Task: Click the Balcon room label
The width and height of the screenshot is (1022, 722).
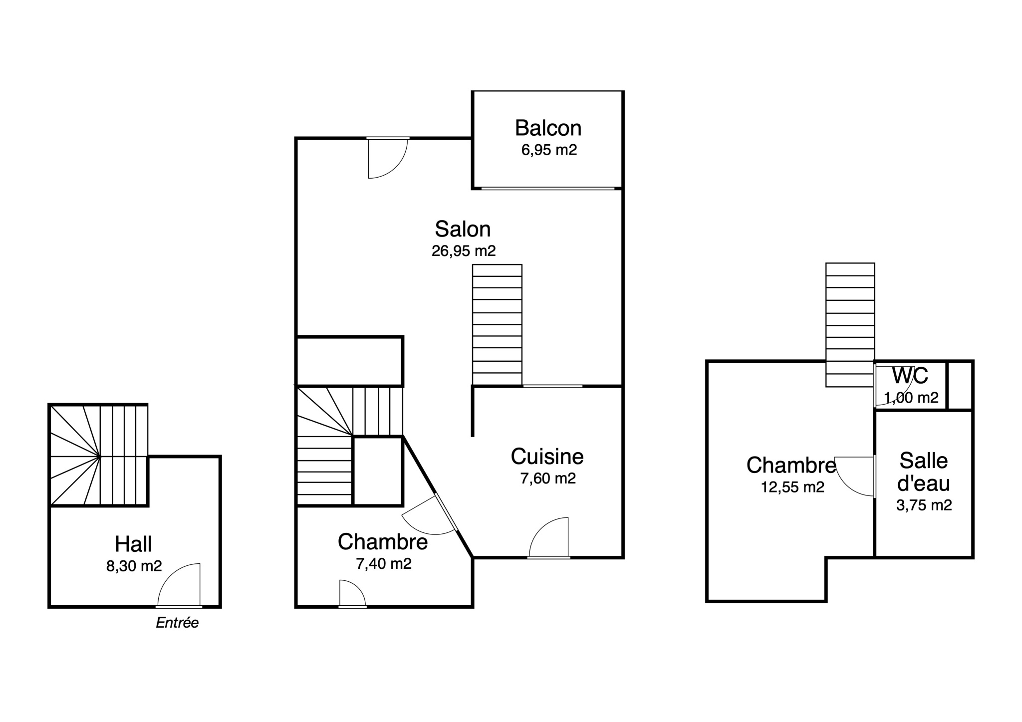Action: [x=548, y=128]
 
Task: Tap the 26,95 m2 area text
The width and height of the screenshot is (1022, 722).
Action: [x=464, y=250]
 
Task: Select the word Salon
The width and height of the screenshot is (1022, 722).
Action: [x=463, y=229]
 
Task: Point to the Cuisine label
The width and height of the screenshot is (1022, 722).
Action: [x=547, y=457]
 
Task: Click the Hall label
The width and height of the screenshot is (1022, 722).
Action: [x=133, y=544]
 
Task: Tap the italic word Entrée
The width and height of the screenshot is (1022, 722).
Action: [x=177, y=623]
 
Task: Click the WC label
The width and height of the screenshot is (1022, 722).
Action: [x=910, y=376]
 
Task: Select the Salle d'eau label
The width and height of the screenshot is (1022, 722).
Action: [x=924, y=472]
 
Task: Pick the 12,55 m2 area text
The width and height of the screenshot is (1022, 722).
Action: [x=792, y=487]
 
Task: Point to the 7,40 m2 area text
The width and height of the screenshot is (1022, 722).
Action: [x=383, y=564]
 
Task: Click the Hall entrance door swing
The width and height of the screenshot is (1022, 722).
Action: [x=179, y=585]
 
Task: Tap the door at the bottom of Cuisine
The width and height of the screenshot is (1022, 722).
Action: [x=549, y=537]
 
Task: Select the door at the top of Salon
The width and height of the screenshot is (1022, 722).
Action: [x=388, y=158]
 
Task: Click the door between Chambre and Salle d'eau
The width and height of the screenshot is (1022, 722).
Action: [x=855, y=477]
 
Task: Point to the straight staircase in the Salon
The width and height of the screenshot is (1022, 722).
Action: [x=498, y=325]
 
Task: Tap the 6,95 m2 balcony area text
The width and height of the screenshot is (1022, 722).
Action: [x=549, y=150]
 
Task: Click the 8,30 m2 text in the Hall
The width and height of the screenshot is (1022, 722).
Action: [x=134, y=566]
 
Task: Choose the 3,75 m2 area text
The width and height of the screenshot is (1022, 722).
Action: [x=924, y=505]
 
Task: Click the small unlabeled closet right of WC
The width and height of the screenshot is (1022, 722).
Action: [x=960, y=385]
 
